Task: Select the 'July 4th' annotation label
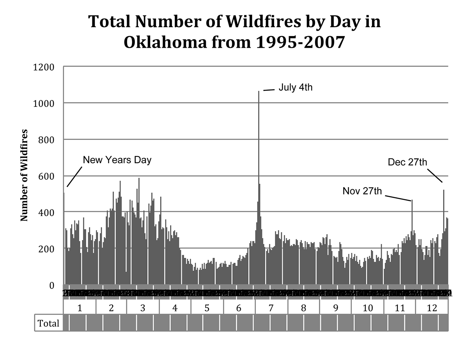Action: tap(295, 87)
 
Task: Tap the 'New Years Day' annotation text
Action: tap(117, 160)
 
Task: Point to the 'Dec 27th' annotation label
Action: tap(407, 162)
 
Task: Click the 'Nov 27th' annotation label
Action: tap(362, 191)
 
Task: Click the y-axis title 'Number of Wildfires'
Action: tap(24, 176)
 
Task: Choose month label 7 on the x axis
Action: tap(271, 308)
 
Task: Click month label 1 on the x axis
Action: tap(80, 308)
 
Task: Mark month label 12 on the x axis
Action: tap(432, 308)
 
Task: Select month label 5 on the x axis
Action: tap(207, 308)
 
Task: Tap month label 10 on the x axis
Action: tap(367, 308)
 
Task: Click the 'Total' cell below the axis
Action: tap(49, 323)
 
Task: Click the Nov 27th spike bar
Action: tap(412, 233)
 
